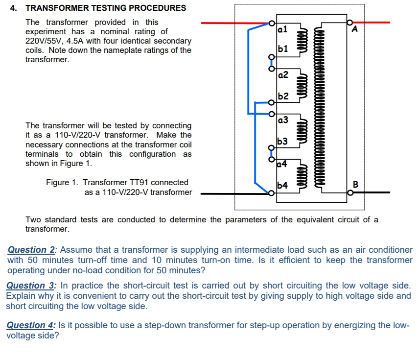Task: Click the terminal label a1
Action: click(282, 29)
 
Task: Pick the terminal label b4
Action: click(282, 185)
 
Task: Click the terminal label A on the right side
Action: click(355, 29)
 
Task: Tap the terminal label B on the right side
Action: click(355, 185)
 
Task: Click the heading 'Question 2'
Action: click(31, 250)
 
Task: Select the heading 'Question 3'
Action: click(30, 285)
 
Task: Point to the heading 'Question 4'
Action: click(30, 325)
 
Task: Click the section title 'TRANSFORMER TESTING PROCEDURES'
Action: click(105, 8)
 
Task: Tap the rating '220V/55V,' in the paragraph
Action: click(47, 41)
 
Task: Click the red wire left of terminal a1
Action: click(235, 23)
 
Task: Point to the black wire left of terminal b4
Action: click(235, 193)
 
